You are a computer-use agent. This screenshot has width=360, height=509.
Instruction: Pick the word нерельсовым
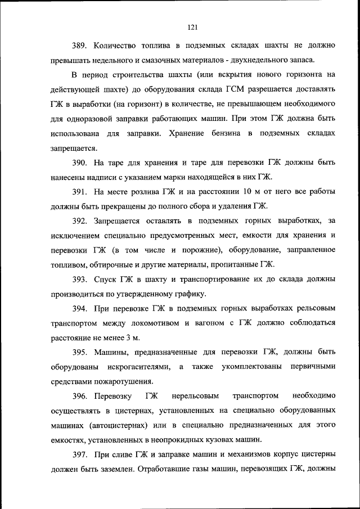click(x=197, y=396)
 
